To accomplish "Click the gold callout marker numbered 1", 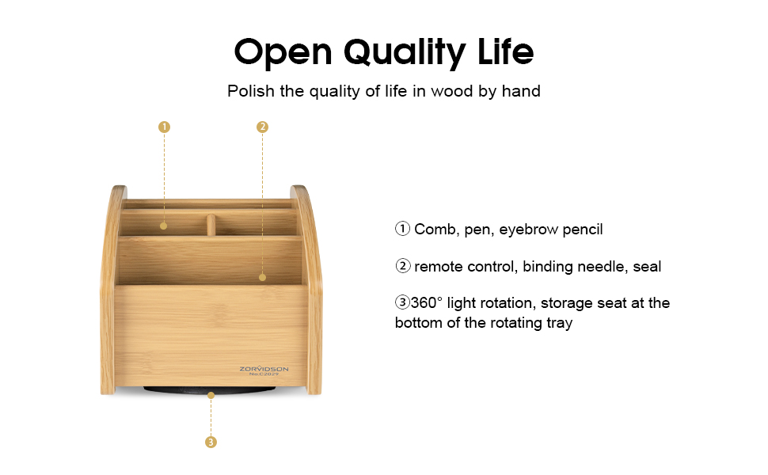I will click(x=164, y=127).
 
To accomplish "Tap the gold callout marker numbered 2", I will click(x=263, y=127).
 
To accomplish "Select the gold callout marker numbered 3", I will click(x=211, y=442).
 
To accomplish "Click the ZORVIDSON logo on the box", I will click(x=264, y=369).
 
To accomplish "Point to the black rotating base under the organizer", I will click(x=210, y=390).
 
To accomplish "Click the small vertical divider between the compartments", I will click(x=211, y=225).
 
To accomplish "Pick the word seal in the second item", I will click(x=647, y=267).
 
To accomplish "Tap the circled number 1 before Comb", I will click(x=403, y=230).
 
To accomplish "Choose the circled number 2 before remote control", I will click(x=403, y=267).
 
